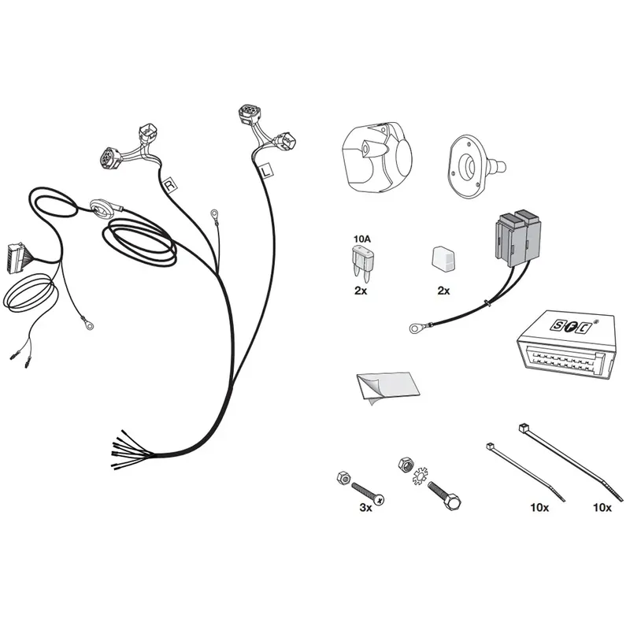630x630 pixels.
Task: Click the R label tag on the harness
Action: [170, 185]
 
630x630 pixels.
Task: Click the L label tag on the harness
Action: [266, 170]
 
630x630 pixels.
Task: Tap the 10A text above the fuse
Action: [362, 239]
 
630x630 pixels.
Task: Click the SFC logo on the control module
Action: [570, 325]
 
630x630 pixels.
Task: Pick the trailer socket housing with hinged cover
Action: [376, 157]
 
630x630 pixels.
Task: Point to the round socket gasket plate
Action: [470, 165]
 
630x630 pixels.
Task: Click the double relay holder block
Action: [518, 238]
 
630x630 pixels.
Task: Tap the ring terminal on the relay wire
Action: [415, 328]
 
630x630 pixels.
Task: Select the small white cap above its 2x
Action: [443, 260]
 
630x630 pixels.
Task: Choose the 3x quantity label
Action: [365, 507]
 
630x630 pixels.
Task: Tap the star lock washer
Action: [421, 476]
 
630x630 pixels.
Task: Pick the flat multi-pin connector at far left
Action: [14, 258]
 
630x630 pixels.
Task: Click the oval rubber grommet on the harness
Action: [102, 209]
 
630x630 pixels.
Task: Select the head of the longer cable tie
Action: [523, 428]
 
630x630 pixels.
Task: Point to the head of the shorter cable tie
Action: [490, 447]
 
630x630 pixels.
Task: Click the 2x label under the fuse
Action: [361, 291]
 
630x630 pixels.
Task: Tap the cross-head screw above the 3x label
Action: [368, 494]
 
